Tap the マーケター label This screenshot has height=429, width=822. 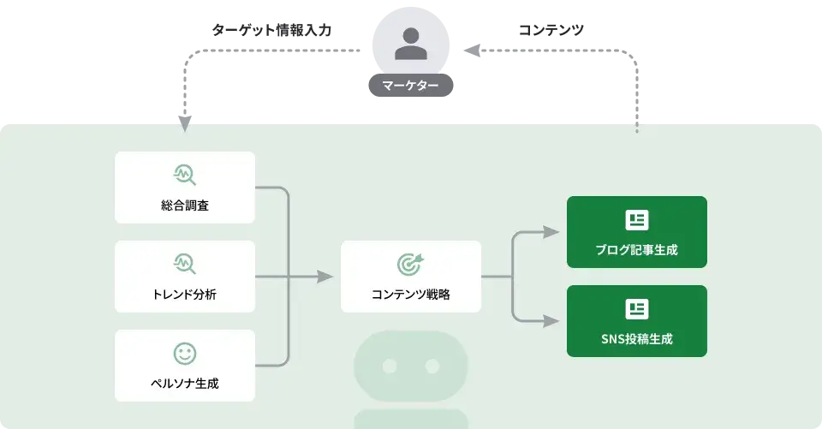(411, 86)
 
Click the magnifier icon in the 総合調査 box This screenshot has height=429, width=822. (184, 175)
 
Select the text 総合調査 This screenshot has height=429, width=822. (184, 206)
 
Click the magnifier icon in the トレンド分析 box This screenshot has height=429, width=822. (184, 264)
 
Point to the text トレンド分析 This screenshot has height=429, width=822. (184, 295)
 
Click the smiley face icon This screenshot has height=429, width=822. (184, 353)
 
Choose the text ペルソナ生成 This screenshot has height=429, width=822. (184, 384)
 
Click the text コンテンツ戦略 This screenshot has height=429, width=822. (411, 295)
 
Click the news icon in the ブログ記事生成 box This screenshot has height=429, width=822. (636, 220)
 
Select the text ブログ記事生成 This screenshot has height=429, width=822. (636, 250)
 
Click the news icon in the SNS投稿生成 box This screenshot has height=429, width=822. (636, 309)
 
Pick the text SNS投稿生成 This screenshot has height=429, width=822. (636, 339)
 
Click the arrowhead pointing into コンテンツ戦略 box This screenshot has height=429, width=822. (325, 277)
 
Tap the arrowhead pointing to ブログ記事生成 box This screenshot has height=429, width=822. (551, 232)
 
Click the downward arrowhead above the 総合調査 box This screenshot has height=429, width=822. (184, 128)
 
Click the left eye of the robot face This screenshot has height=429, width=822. (390, 366)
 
